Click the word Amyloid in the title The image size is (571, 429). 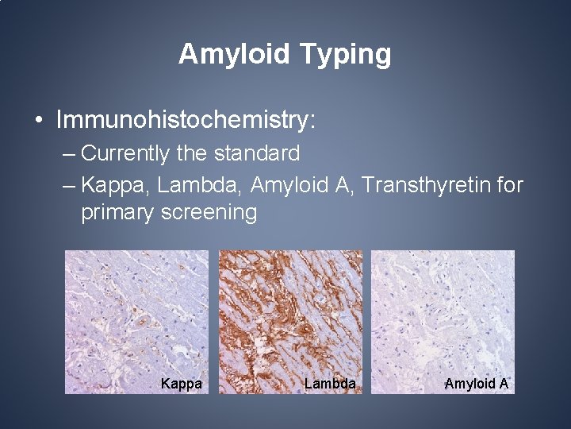(234, 54)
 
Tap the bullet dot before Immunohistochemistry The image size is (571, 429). (39, 121)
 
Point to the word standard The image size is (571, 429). (259, 153)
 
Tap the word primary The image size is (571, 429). (117, 213)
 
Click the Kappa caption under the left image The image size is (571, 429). (181, 384)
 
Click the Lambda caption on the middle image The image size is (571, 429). (329, 384)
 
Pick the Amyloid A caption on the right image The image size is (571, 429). (477, 384)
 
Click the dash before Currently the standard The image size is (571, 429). (68, 153)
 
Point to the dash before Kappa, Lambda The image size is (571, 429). (68, 185)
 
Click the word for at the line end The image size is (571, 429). (508, 185)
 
